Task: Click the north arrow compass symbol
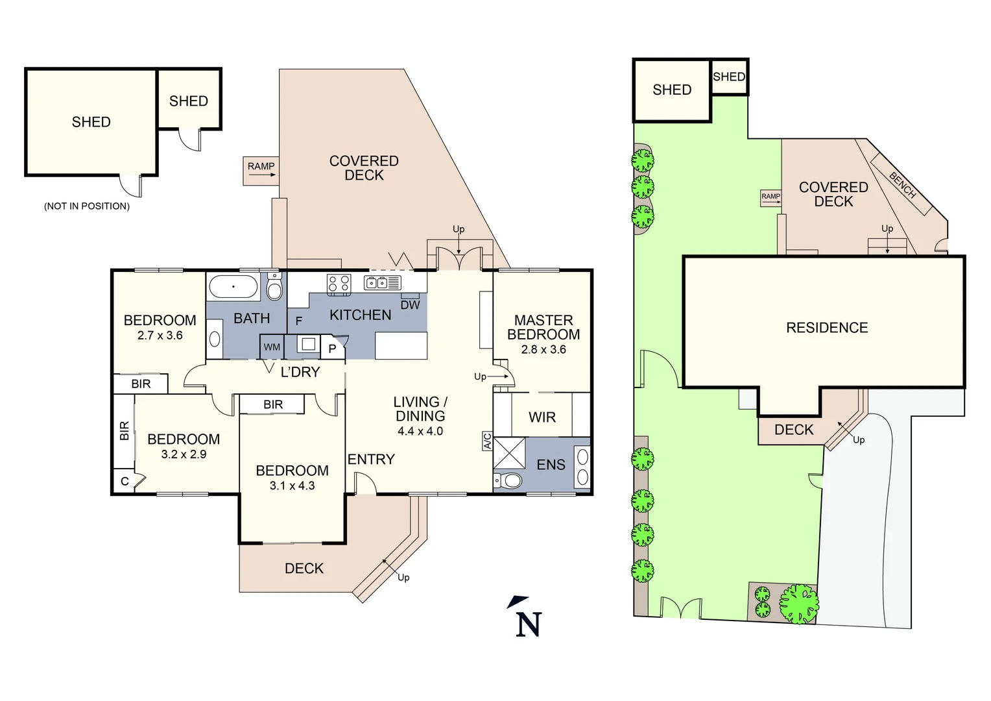pos(527,617)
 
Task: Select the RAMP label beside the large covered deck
pos(261,167)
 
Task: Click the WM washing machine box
pos(272,347)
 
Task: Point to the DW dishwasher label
pos(410,305)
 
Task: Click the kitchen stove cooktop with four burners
pos(339,283)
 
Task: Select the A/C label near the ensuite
pos(487,441)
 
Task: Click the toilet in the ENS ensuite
pos(509,481)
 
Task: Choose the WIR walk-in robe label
pos(542,417)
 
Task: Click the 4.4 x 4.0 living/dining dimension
pos(420,432)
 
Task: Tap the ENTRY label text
pos(371,460)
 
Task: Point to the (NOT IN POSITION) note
pos(86,206)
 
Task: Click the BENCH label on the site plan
pos(902,185)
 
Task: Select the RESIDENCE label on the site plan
pos(826,328)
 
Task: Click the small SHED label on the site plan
pos(729,77)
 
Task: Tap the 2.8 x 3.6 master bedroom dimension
pos(543,350)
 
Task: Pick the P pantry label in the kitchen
pos(332,349)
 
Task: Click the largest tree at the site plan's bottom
pos(799,603)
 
